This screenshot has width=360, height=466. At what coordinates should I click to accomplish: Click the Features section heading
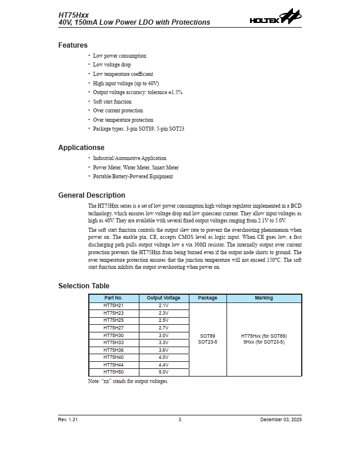tap(73, 45)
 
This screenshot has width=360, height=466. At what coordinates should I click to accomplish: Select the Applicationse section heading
tap(81, 148)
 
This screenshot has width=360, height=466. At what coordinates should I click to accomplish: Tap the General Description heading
tap(92, 195)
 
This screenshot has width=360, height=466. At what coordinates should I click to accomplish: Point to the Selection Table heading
tap(84, 286)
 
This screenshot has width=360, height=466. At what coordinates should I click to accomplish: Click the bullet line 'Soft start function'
tap(112, 102)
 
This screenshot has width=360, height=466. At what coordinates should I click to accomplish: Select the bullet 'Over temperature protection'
tap(123, 120)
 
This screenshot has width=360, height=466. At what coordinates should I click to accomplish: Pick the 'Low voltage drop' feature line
tap(112, 65)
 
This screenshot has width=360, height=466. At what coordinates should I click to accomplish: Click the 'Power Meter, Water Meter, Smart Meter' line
tap(136, 168)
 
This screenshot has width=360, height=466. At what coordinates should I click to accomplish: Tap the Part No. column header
tap(114, 298)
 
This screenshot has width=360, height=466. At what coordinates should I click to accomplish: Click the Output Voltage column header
tap(164, 298)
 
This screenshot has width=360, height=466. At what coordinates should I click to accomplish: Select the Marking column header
tap(264, 298)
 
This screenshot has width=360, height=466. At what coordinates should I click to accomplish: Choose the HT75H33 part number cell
tap(114, 342)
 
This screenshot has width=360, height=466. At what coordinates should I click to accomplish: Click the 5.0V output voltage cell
tap(164, 372)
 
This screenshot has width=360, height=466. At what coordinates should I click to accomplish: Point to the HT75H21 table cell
tap(114, 306)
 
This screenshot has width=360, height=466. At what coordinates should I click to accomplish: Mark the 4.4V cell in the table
tap(164, 365)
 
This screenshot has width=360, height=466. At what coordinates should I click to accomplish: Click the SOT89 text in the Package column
tap(208, 336)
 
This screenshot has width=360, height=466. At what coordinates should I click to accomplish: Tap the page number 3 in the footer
tap(180, 420)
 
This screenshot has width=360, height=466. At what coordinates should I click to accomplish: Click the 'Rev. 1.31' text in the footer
tap(68, 420)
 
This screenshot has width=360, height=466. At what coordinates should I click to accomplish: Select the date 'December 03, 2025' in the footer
tap(281, 420)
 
